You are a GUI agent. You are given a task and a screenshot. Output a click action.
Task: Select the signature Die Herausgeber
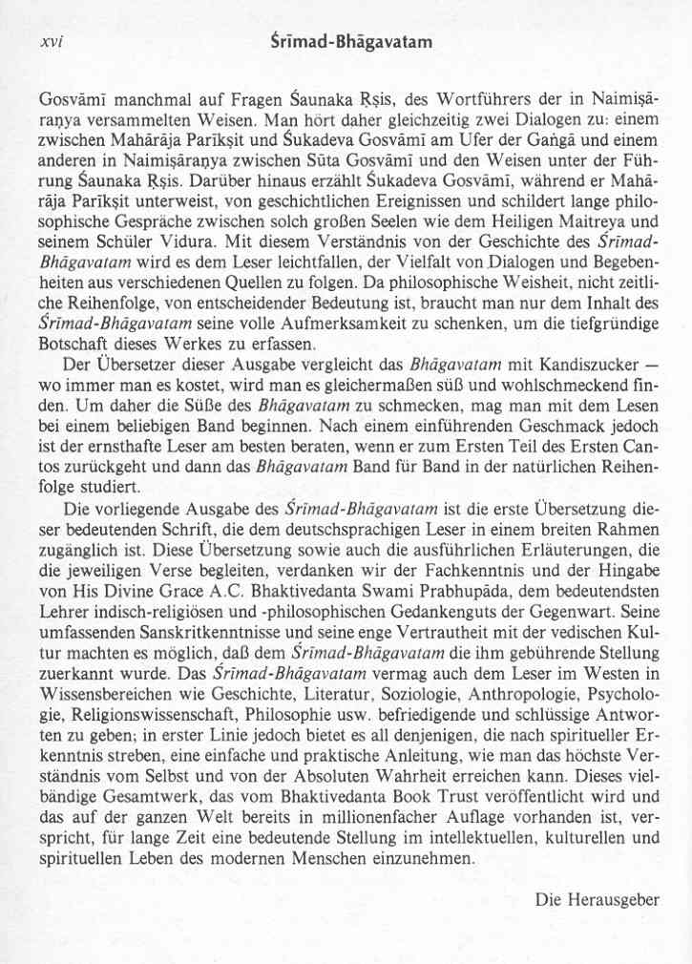598,898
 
